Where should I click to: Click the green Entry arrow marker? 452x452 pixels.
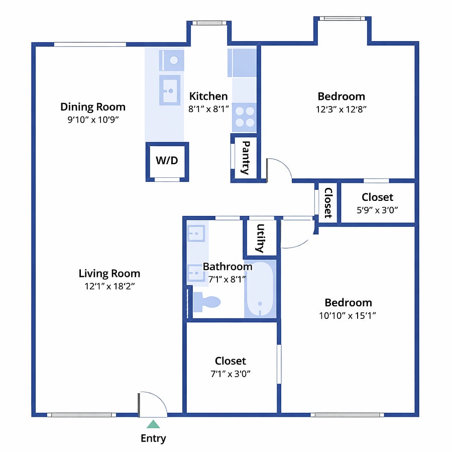click(x=153, y=424)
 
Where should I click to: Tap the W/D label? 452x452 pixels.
click(x=167, y=160)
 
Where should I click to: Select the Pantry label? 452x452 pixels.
click(x=245, y=158)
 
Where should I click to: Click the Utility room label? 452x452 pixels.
click(x=260, y=238)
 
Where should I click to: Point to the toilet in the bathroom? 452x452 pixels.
click(x=206, y=302)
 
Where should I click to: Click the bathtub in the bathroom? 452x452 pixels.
click(x=260, y=289)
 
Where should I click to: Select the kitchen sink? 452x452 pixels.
click(x=170, y=90)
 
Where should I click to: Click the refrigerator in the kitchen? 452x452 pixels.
click(x=243, y=63)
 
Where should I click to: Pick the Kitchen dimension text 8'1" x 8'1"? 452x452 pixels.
click(x=208, y=109)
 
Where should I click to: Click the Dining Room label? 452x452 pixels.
click(x=93, y=107)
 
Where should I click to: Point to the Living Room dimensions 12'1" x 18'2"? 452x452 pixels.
click(x=109, y=286)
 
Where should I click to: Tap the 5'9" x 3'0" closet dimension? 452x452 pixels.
click(x=377, y=210)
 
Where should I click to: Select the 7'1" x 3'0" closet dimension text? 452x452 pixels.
click(x=231, y=374)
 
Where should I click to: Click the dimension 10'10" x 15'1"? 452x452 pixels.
click(x=348, y=316)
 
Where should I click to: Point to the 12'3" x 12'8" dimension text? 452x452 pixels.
click(x=341, y=109)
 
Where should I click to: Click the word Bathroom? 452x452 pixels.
click(x=228, y=267)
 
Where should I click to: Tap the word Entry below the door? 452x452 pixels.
click(x=153, y=438)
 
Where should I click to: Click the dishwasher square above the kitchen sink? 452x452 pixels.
click(x=172, y=61)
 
